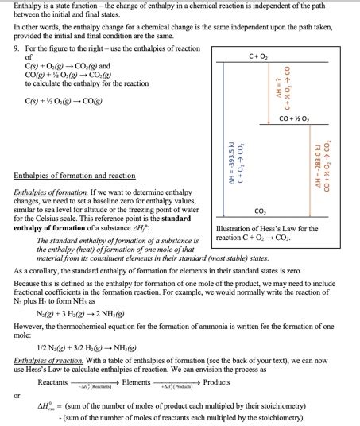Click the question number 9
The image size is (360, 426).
click(x=17, y=48)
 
